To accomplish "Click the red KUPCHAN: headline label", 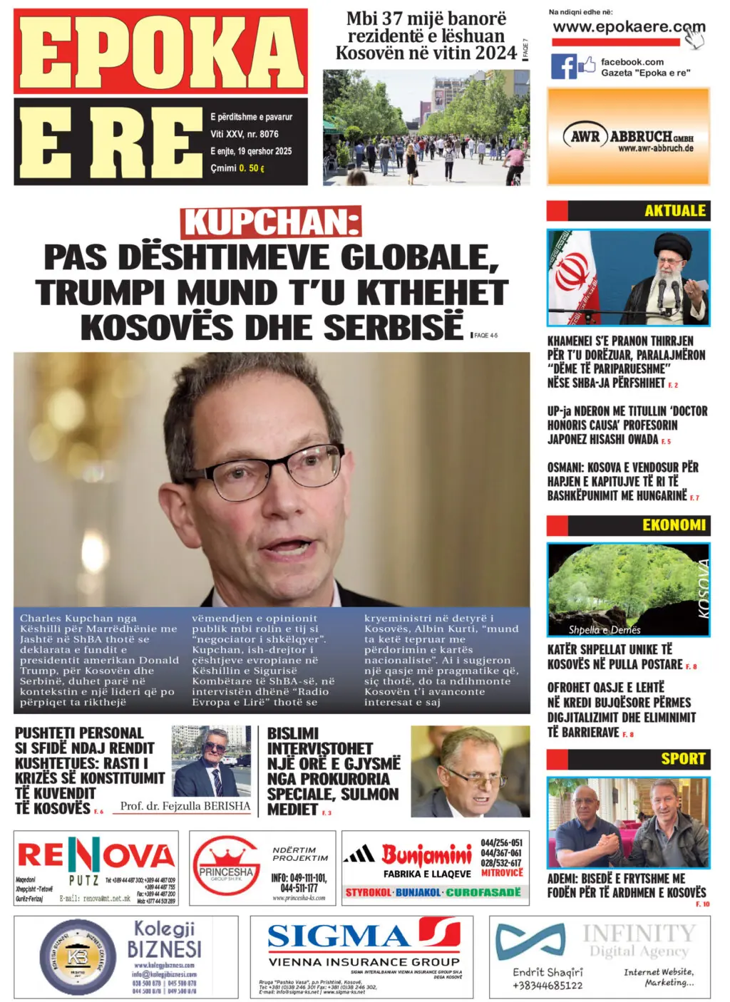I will coord(271,222).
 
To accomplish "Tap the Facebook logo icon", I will coord(563,66).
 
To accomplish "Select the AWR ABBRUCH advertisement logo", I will coord(628,136).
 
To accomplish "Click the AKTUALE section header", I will coord(674,211).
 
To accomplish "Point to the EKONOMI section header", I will coord(673,525).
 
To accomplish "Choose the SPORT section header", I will coord(682,759).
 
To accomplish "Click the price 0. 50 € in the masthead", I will coord(252,168).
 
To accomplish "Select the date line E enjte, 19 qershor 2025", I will coord(251,151).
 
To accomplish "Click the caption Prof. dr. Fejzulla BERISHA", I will coord(185,806).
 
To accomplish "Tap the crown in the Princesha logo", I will coord(226,855).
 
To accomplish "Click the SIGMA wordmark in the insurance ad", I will coord(339,935).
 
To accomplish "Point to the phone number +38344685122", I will coord(547,986).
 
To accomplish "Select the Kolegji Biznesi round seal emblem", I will coord(78,956).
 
